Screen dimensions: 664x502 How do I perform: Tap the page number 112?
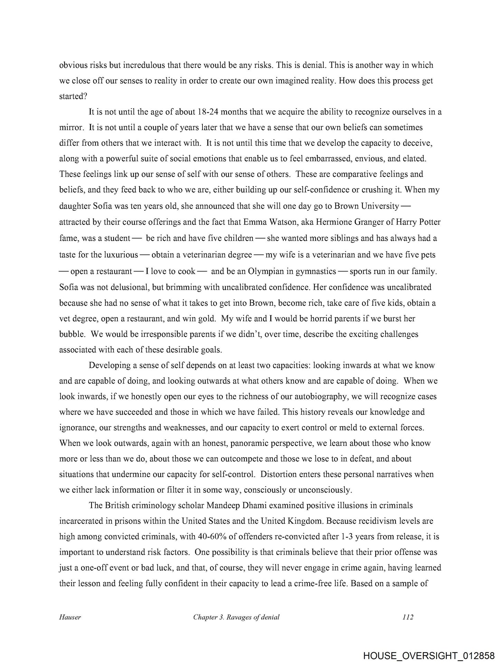pyautogui.click(x=408, y=617)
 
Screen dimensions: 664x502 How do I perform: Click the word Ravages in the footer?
pyautogui.click(x=238, y=617)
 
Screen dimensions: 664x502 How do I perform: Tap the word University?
pyautogui.click(x=379, y=206)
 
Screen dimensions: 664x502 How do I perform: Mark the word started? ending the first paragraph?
pyautogui.click(x=72, y=96)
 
